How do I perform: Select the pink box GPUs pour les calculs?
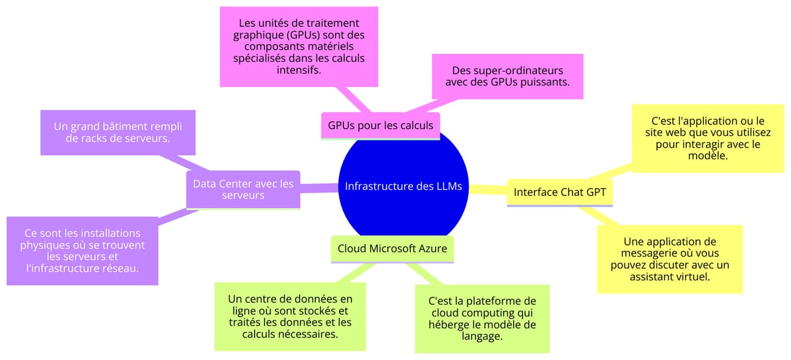coord(380,126)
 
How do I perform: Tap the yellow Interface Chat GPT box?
coord(560,192)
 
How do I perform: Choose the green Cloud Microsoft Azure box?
coord(392,249)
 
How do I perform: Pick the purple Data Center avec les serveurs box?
coord(243,189)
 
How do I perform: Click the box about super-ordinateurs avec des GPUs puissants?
coord(507,76)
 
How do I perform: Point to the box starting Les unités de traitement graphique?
coord(299,47)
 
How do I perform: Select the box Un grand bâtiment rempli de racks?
coord(118,132)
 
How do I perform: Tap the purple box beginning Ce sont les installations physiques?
coord(82,251)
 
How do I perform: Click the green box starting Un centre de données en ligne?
coord(290,316)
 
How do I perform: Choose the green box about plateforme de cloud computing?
coord(482,318)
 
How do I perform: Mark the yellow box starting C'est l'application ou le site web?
coord(707,138)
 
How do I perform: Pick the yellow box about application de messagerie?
coord(670,259)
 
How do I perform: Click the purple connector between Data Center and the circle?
coord(319,187)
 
